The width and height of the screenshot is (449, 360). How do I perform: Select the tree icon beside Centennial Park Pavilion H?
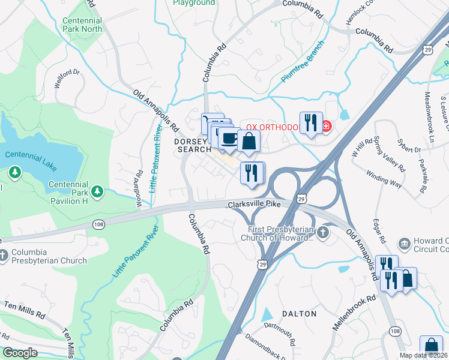(x=97, y=191)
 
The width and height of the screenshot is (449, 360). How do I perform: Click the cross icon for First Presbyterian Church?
(x=324, y=233)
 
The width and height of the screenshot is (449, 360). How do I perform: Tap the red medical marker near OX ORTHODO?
(x=326, y=126)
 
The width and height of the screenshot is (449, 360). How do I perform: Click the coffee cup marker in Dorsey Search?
(x=228, y=139)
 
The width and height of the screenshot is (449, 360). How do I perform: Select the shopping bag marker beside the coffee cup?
(x=249, y=142)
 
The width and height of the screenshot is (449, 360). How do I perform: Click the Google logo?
(x=20, y=353)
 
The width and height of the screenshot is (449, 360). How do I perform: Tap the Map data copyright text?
(x=424, y=355)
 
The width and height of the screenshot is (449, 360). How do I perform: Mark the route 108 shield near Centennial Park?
(x=98, y=224)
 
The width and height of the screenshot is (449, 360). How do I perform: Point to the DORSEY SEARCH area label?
(x=193, y=145)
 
